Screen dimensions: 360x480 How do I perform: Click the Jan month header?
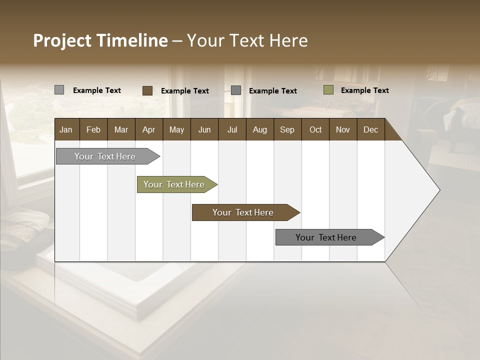[66, 129]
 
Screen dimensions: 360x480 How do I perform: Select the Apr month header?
[148, 129]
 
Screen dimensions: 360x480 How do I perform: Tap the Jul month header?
[232, 129]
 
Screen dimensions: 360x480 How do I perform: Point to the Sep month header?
[287, 129]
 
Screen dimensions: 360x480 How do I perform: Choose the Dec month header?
[370, 129]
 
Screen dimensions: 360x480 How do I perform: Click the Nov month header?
[342, 129]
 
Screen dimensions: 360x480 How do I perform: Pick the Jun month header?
[204, 129]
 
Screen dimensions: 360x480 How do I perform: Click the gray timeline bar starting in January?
[105, 156]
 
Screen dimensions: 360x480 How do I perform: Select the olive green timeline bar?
[174, 184]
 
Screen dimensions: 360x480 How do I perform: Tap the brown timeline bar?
[243, 212]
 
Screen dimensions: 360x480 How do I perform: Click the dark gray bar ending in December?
[326, 237]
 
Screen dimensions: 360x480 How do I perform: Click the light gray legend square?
[59, 90]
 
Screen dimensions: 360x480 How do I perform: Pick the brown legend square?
[147, 90]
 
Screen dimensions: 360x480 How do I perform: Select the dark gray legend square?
[236, 90]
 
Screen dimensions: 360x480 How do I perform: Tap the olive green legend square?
[328, 90]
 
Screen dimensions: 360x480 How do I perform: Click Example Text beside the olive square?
[364, 90]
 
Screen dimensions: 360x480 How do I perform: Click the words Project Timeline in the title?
[100, 40]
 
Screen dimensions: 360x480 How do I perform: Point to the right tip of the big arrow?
[439, 190]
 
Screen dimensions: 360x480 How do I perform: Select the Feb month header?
[93, 129]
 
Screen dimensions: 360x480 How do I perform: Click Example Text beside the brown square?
[184, 91]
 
